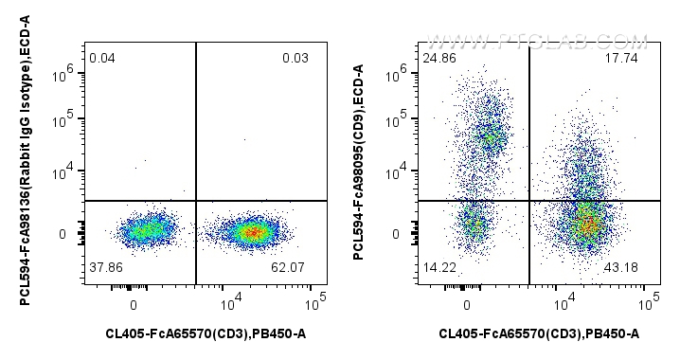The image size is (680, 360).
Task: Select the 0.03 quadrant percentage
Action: [x=295, y=60]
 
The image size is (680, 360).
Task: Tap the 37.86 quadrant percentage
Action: [x=105, y=268]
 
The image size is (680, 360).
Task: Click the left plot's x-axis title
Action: [x=206, y=334]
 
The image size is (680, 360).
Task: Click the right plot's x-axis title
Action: [x=539, y=334]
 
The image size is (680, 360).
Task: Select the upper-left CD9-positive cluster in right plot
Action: [x=489, y=135]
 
